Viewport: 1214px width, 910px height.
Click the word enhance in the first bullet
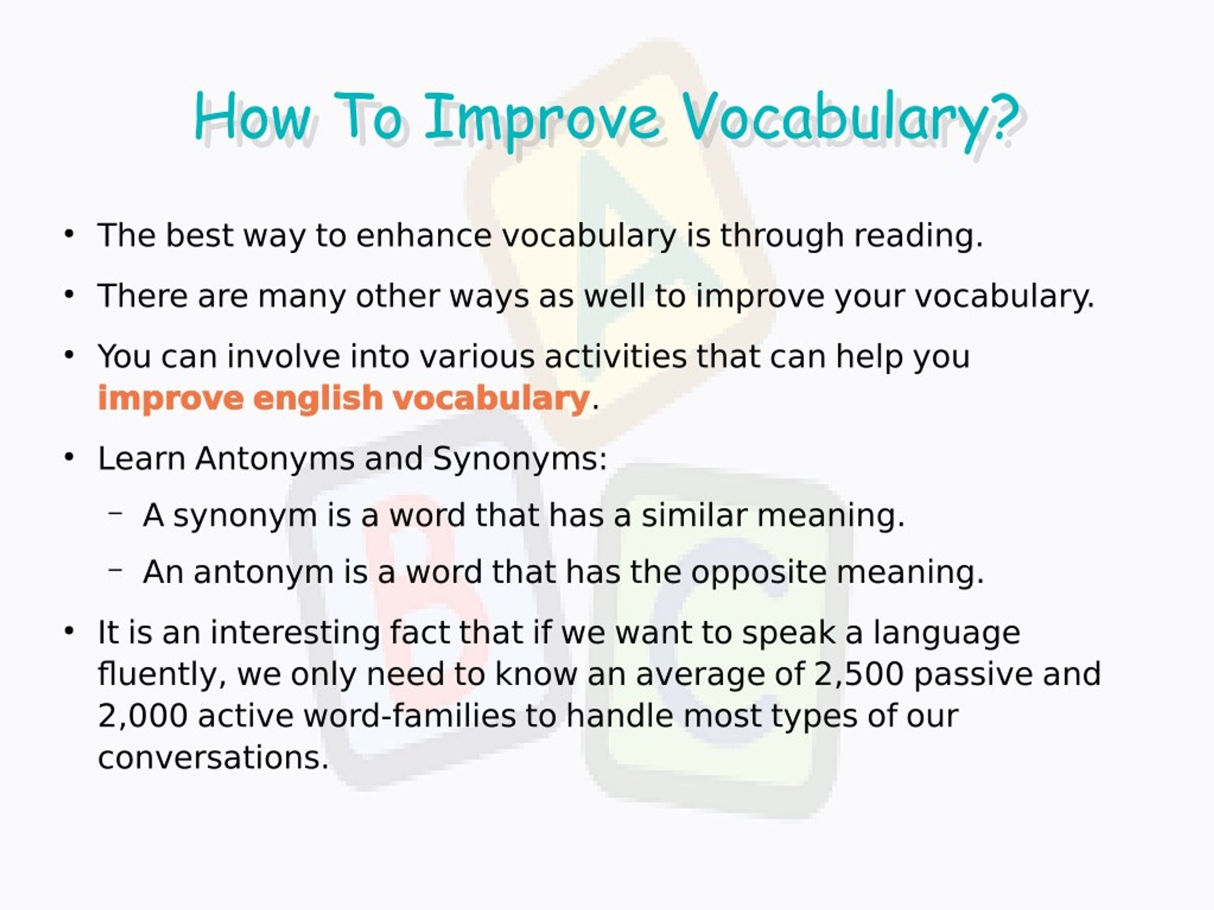click(x=423, y=236)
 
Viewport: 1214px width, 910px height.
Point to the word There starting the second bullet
click(x=142, y=296)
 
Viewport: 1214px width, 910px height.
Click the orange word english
click(x=318, y=398)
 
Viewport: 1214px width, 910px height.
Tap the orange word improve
click(x=171, y=398)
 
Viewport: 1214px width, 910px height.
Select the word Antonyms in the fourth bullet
click(x=275, y=459)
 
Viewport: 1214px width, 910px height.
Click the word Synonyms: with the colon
click(x=520, y=459)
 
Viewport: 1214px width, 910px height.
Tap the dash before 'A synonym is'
click(x=115, y=514)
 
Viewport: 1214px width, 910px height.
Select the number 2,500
click(x=858, y=674)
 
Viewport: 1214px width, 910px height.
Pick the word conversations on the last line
click(x=213, y=758)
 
